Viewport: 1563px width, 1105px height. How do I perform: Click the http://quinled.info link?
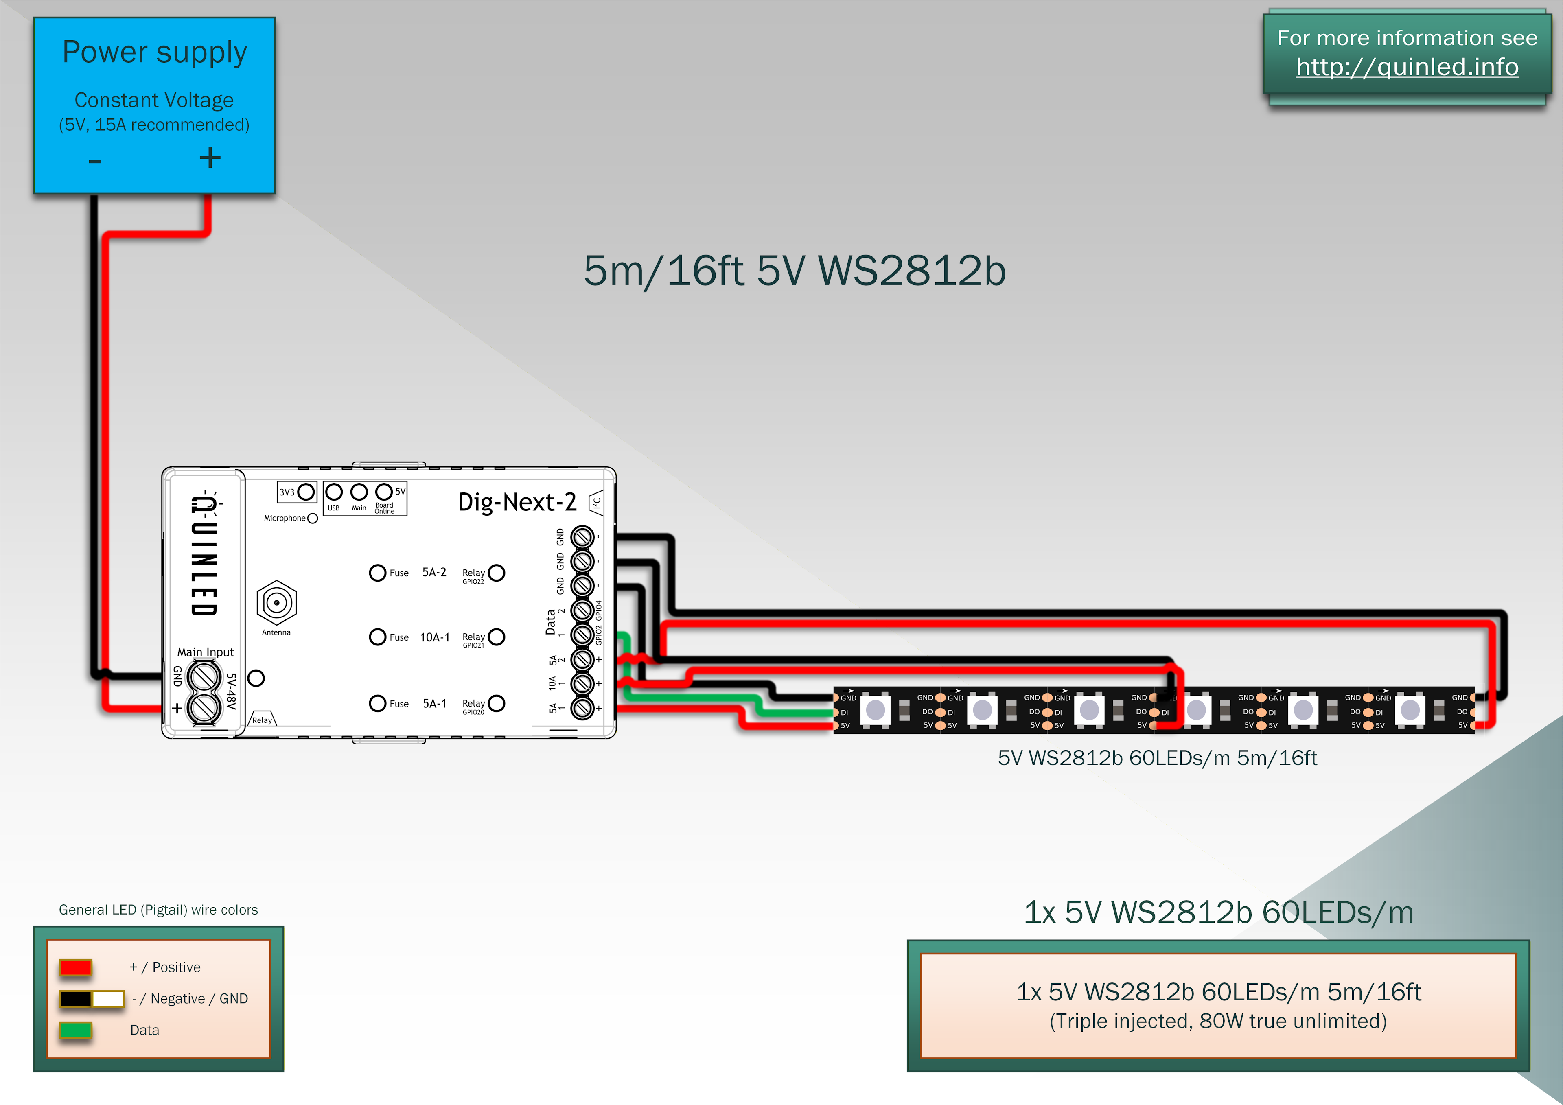click(1407, 67)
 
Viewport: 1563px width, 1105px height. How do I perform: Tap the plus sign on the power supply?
click(210, 158)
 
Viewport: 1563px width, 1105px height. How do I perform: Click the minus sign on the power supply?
click(94, 161)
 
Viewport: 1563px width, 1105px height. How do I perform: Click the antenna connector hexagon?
click(276, 602)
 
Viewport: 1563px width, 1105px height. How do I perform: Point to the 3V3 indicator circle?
click(306, 492)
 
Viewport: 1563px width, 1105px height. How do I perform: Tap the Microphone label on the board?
click(285, 518)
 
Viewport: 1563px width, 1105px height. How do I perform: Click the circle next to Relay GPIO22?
click(497, 573)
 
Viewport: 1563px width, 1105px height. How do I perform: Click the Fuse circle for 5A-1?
click(378, 703)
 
